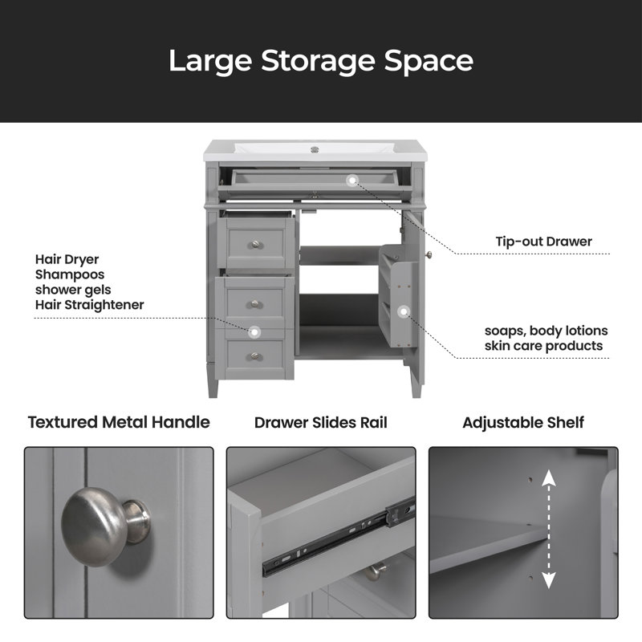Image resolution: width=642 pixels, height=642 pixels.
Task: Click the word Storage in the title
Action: point(318,62)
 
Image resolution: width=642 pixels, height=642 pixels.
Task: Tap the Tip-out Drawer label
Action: point(544,242)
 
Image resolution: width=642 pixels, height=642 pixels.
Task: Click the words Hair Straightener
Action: point(90,305)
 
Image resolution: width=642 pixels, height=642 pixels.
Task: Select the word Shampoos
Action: point(70,274)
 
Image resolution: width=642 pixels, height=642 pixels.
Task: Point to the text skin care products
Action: point(544,346)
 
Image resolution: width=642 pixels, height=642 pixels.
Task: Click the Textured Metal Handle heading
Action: point(119,422)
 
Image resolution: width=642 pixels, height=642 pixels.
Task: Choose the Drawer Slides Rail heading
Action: point(320,423)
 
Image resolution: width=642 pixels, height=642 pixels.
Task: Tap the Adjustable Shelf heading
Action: point(523,423)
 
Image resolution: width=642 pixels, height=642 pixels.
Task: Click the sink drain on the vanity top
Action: point(315,149)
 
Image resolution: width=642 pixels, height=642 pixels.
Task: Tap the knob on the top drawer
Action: point(255,245)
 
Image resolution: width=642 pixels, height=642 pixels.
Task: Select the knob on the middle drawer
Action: point(255,304)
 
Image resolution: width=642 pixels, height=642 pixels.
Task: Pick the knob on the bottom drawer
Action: point(255,356)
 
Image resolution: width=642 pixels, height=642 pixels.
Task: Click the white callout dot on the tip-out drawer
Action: point(352,180)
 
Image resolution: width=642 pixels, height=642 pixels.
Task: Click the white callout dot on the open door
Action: point(404,312)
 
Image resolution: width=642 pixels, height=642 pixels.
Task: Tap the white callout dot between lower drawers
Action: point(254,332)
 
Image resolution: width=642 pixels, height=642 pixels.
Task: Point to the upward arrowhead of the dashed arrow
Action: point(549,477)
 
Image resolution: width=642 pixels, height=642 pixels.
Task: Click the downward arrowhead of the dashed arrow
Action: point(549,580)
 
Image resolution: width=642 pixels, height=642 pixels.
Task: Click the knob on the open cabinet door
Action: point(429,255)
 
